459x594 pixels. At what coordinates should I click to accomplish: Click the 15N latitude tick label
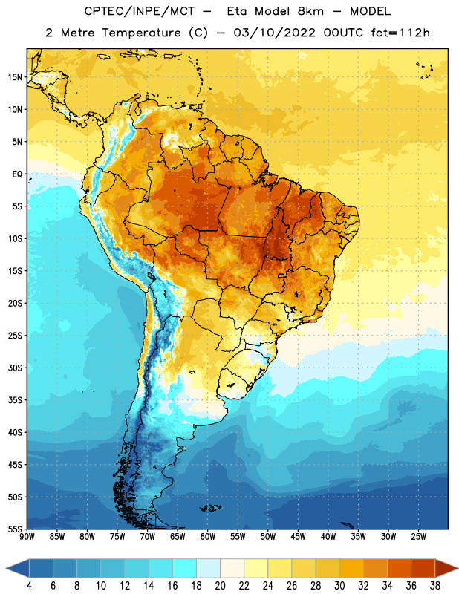15,77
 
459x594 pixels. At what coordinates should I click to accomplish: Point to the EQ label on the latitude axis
17,174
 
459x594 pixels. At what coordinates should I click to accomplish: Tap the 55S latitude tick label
15,529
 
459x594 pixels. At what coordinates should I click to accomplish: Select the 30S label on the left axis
15,368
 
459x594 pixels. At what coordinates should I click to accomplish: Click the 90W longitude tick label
27,536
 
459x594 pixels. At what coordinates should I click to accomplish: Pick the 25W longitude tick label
418,536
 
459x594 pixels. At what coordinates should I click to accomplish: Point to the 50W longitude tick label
268,536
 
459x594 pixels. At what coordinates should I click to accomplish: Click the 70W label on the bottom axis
148,536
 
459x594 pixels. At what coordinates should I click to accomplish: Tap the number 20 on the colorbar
220,586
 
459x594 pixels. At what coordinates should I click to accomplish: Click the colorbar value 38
435,586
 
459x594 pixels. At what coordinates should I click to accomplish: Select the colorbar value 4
29,586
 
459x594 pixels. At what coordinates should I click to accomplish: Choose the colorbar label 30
339,586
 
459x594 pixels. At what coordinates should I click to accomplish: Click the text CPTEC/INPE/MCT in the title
140,11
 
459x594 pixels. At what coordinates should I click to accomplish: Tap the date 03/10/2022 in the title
274,33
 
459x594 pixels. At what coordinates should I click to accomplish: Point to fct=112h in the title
400,33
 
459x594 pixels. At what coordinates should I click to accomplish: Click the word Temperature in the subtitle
141,33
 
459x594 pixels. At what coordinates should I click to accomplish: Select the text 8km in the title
311,11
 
